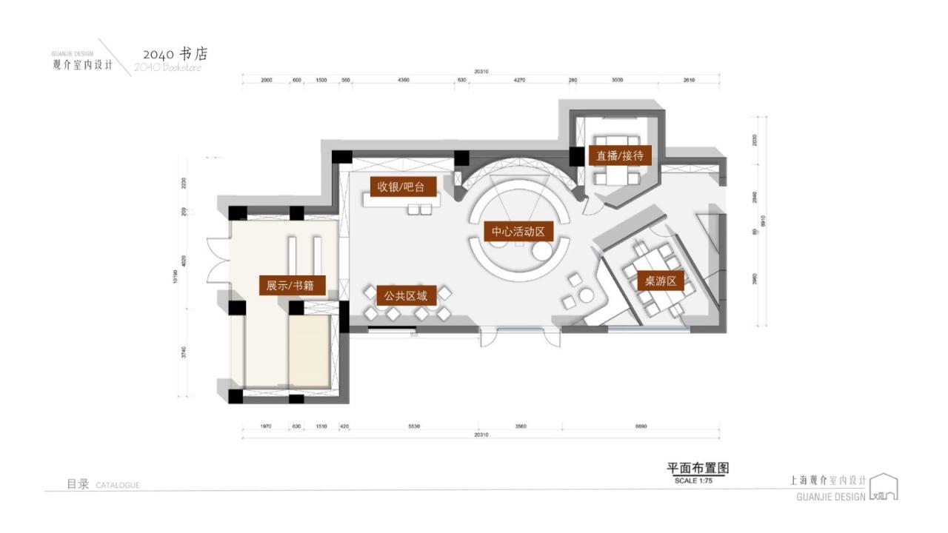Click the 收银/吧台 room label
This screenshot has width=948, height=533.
402,186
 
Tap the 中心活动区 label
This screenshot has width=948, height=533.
518,232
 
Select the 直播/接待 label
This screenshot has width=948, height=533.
620,155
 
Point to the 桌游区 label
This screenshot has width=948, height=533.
661,281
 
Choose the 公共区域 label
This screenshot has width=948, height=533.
405,296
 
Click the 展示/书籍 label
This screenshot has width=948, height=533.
292,285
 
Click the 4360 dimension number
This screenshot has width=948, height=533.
404,80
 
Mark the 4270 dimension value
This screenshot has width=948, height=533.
519,80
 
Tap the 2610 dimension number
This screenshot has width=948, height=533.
689,80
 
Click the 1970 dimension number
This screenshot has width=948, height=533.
267,426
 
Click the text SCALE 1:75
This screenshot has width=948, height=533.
693,480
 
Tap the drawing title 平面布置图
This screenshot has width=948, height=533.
698,469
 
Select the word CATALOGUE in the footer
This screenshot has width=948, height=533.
118,486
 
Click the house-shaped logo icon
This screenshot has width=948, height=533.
884,487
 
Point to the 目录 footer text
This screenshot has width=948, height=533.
78,484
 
